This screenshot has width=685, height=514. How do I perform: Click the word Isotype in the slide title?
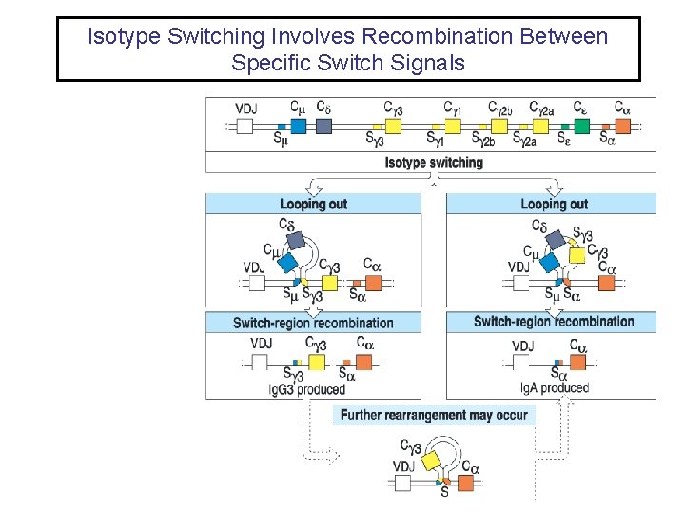tap(122, 37)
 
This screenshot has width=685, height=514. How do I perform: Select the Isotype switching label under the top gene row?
tap(433, 162)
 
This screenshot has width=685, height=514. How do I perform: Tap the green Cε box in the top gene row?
tap(581, 126)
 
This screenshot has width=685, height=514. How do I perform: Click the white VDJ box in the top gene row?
tap(245, 127)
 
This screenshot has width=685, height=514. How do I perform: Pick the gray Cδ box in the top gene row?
tap(323, 126)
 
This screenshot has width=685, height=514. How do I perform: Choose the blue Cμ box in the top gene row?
tap(299, 126)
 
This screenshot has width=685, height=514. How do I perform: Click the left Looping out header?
tap(313, 204)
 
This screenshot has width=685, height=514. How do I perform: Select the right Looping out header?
tap(554, 204)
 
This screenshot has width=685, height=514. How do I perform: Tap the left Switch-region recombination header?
tap(313, 323)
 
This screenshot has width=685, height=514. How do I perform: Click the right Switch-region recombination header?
tap(554, 322)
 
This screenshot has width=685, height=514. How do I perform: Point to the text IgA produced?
tap(555, 387)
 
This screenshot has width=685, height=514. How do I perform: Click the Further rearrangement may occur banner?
tap(434, 415)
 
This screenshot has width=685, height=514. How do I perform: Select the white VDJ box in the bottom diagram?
tap(402, 484)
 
